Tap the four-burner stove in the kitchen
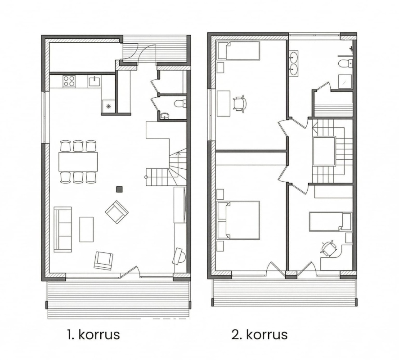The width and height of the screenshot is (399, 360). pos(69,81)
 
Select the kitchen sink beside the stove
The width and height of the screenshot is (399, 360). pos(94,81)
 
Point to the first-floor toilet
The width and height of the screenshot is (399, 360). pos(181,103)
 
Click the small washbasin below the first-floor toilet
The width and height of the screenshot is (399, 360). pos(165,116)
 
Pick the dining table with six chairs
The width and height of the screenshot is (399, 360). pos(78,162)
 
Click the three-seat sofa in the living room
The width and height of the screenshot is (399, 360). pos(63,229)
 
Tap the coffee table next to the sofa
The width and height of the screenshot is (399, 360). pos(86,229)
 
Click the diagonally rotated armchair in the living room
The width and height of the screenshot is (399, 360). pos(117,212)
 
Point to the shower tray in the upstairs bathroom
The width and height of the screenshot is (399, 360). pos(345,81)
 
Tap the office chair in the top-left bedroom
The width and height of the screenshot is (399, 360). pos(240,103)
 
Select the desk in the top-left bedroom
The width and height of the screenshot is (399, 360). pos(224,103)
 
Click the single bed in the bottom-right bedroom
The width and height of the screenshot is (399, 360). pos(330,221)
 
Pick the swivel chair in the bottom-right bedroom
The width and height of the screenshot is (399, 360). pos(328,248)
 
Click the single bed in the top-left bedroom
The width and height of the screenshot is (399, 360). pos(238,51)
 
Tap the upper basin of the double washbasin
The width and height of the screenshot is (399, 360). pos(293,57)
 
